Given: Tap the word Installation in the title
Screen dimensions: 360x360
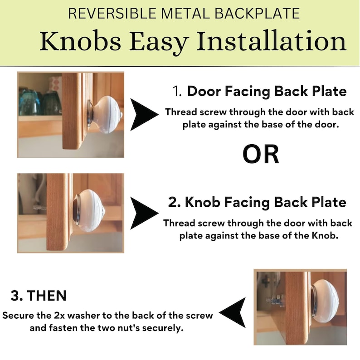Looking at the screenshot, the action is click(x=272, y=41).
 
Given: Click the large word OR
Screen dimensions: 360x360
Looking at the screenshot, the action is click(x=261, y=154).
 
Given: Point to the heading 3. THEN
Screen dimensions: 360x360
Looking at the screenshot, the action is click(x=39, y=295).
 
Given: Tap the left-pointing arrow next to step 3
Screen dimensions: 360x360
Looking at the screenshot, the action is click(x=232, y=312).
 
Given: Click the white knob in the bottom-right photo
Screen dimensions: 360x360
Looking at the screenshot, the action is click(x=326, y=301).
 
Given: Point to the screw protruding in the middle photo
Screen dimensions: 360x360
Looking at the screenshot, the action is click(x=40, y=208).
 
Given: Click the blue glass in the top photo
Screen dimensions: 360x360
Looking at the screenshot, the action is click(x=28, y=103).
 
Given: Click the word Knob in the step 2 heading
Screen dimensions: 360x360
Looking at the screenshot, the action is click(x=203, y=202).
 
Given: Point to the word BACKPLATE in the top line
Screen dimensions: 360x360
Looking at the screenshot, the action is click(x=258, y=13).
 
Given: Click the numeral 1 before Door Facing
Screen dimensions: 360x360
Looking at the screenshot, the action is click(x=177, y=91).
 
